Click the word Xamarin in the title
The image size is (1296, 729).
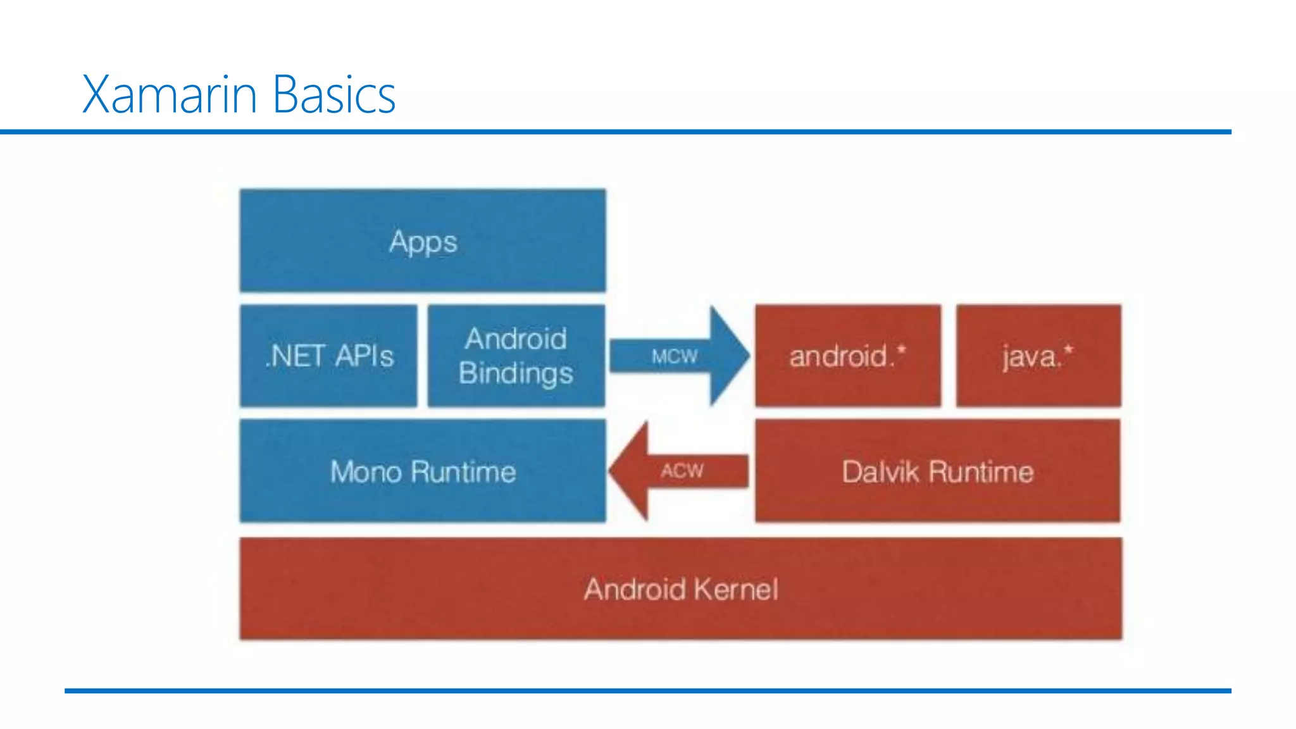tap(169, 95)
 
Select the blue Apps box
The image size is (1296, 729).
tap(423, 241)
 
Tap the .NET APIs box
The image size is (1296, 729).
tap(328, 356)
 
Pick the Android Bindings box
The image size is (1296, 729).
tap(516, 356)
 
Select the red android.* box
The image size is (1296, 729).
tap(847, 356)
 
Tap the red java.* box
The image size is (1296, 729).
tap(1038, 356)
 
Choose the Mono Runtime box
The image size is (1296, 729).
tap(423, 471)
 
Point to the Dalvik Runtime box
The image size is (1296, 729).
tap(937, 471)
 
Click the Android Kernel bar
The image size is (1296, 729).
tap(680, 589)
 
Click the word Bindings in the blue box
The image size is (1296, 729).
tap(516, 373)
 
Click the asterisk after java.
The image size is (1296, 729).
tap(1068, 349)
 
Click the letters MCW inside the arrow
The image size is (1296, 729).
tap(675, 357)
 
